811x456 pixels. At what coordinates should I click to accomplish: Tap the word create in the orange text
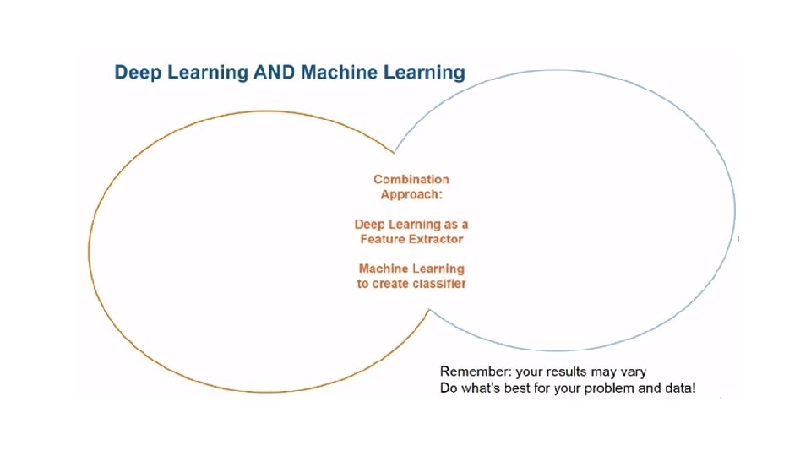(x=389, y=284)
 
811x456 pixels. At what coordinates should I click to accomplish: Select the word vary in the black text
(x=633, y=372)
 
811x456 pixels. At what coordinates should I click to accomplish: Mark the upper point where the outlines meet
(x=394, y=153)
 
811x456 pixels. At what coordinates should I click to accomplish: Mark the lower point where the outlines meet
(x=428, y=311)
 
